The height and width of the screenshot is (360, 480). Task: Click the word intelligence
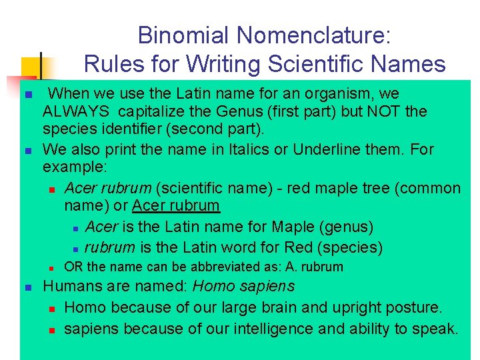pyautogui.click(x=262, y=329)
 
